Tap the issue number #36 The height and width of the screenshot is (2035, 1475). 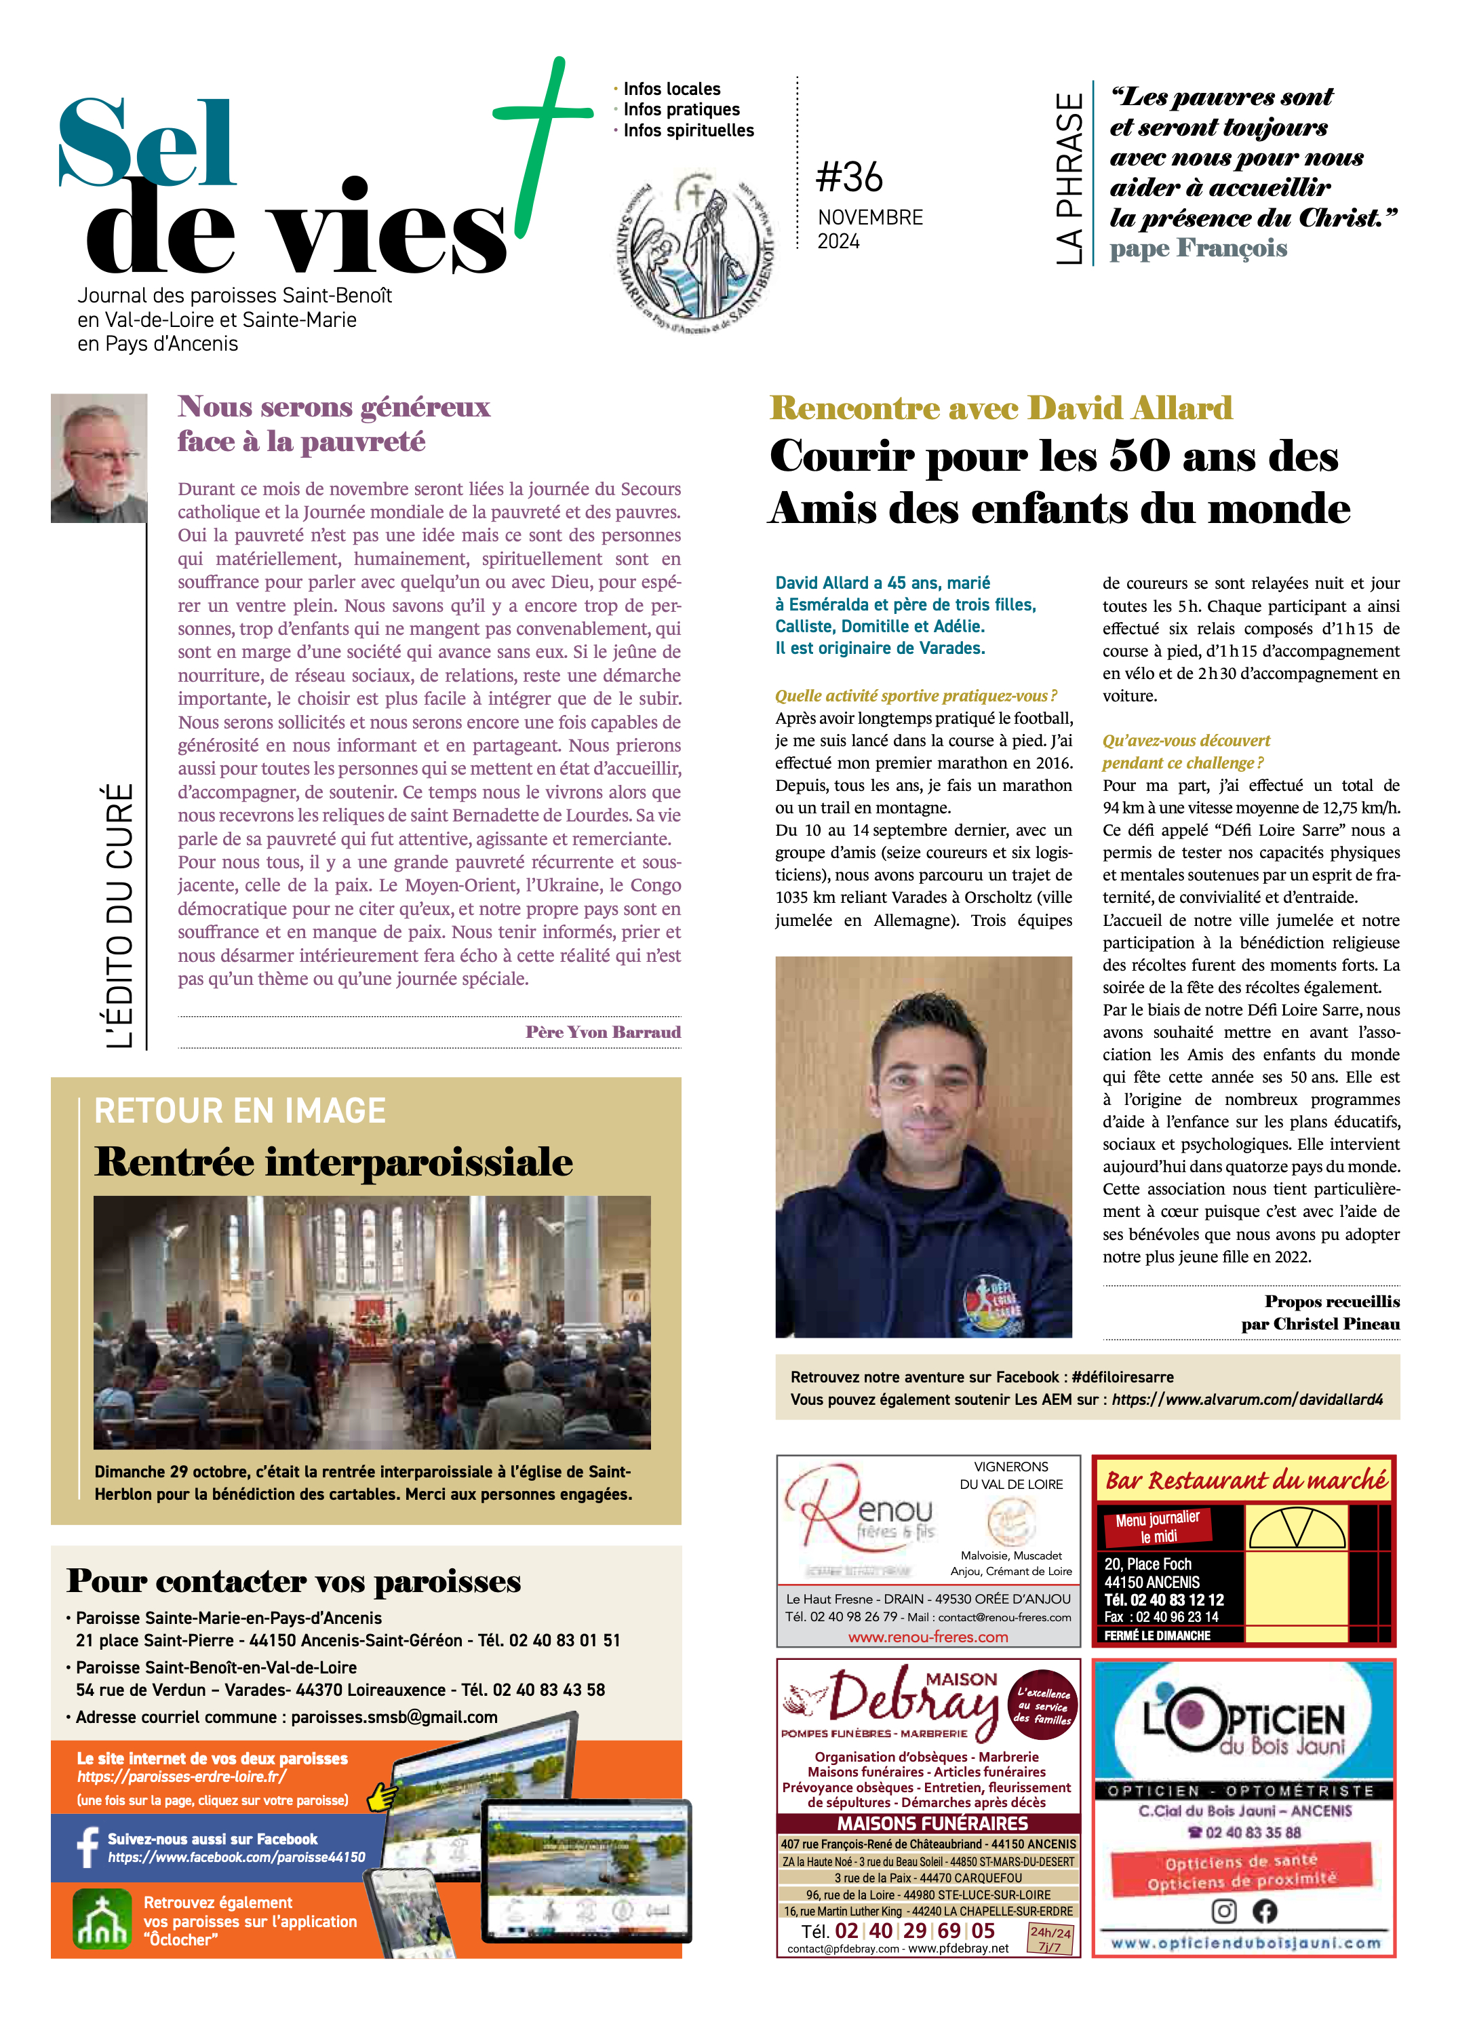pyautogui.click(x=849, y=177)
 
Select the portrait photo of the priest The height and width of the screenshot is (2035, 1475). pyautogui.click(x=99, y=458)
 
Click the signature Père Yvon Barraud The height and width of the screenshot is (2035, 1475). pyautogui.click(x=603, y=1032)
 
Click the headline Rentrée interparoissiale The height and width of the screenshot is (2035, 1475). pyautogui.click(x=333, y=1161)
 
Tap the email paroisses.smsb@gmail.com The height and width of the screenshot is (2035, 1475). pyautogui.click(x=394, y=1716)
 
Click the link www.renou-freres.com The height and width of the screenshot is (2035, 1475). pyautogui.click(x=928, y=1637)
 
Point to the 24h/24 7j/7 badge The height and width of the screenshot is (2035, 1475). pyautogui.click(x=1050, y=1938)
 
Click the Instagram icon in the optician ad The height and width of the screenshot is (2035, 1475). pyautogui.click(x=1224, y=1910)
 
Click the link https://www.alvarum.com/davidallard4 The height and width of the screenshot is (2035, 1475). pyautogui.click(x=1247, y=1399)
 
